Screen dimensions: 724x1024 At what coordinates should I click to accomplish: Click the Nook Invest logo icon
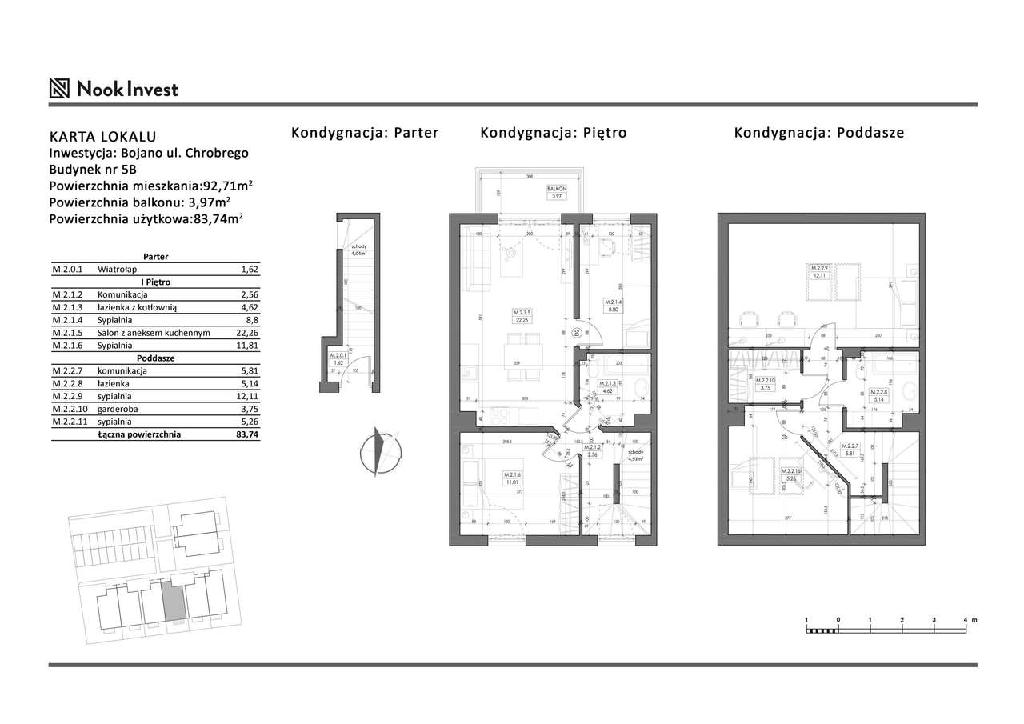(60, 88)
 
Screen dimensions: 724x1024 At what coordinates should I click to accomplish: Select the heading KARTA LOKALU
(102, 137)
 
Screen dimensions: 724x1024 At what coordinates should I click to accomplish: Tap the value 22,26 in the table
(250, 333)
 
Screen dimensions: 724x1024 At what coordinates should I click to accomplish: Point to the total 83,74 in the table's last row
(250, 434)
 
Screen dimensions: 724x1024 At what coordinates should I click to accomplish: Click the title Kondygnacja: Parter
(365, 133)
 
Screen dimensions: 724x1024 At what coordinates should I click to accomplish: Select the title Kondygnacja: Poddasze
(819, 133)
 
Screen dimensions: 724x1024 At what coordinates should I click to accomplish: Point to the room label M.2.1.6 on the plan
(513, 478)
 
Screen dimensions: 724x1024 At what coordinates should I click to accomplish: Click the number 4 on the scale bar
(965, 620)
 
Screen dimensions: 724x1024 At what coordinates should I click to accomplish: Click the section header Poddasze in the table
(155, 358)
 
